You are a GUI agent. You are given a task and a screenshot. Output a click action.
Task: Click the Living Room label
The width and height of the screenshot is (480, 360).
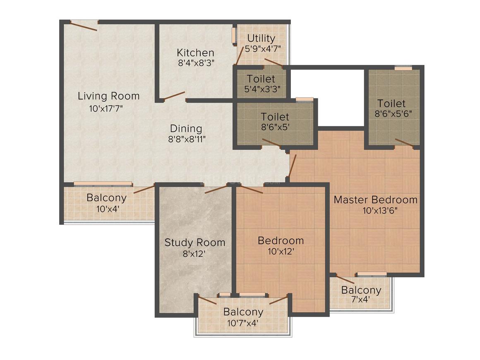click(x=109, y=96)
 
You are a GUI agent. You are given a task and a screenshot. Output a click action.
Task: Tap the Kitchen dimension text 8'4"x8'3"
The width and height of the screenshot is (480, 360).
click(x=196, y=63)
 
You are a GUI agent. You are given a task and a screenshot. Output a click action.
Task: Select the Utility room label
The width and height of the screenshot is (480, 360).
click(x=261, y=38)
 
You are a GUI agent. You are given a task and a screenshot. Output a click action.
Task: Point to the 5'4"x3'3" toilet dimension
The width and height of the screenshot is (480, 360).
click(x=262, y=89)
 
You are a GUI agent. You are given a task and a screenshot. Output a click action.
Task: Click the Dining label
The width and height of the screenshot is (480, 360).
click(x=186, y=129)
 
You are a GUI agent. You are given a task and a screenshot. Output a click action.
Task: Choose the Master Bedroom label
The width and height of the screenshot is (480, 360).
click(x=376, y=199)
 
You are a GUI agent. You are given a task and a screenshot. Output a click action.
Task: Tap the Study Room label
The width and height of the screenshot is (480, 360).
click(x=195, y=242)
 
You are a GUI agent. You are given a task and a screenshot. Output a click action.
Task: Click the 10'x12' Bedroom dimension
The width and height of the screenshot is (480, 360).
click(x=281, y=252)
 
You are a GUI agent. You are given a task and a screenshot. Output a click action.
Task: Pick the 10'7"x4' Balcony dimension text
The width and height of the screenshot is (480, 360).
click(x=243, y=323)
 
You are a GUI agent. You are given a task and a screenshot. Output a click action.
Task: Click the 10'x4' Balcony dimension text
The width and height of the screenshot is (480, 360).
click(x=108, y=209)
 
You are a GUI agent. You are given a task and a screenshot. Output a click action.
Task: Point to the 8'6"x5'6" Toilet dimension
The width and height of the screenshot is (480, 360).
click(x=394, y=114)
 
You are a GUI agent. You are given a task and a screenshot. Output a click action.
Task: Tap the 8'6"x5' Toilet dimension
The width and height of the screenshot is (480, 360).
click(x=275, y=127)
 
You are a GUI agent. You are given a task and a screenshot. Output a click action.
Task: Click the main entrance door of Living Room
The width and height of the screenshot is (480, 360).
click(x=84, y=26)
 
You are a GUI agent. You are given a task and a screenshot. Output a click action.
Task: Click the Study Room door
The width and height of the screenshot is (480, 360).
click(x=216, y=189)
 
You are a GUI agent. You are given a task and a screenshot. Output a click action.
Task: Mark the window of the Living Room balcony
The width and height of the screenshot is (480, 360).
click(x=103, y=184)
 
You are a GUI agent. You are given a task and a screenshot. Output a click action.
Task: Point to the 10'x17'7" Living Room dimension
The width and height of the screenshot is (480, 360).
click(x=106, y=109)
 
